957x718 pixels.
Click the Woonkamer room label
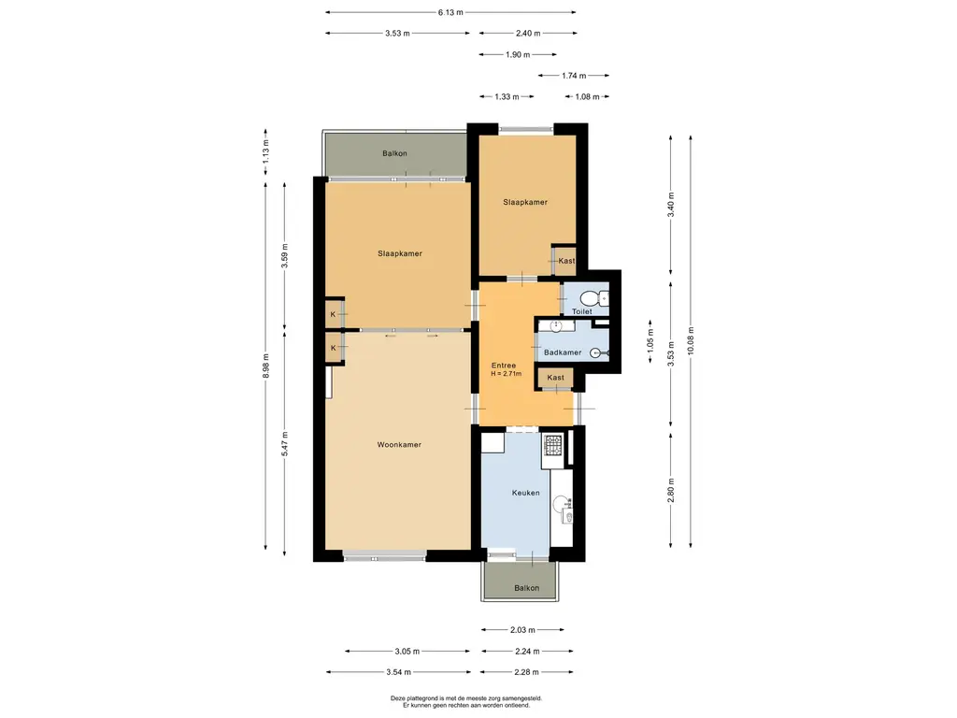(x=399, y=444)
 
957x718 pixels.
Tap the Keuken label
(x=525, y=493)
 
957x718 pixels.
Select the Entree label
(x=504, y=366)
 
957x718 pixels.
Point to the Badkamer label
(x=563, y=352)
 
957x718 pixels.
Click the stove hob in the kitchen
(x=553, y=446)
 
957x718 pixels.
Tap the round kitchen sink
(x=561, y=504)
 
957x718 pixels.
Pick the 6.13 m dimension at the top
(x=450, y=12)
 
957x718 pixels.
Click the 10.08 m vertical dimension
(x=691, y=340)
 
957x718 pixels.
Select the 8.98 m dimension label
(x=265, y=366)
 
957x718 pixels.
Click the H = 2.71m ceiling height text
(x=506, y=374)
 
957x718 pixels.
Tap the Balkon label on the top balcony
(x=395, y=153)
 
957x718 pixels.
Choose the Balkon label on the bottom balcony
(x=527, y=588)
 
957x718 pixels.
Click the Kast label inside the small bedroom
(x=566, y=261)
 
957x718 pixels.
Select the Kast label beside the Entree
(x=555, y=378)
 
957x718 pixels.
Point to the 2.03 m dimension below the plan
(x=522, y=630)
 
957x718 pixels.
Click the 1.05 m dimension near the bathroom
(x=650, y=340)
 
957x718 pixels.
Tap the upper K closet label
(x=334, y=314)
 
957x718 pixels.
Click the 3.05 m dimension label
(x=407, y=652)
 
